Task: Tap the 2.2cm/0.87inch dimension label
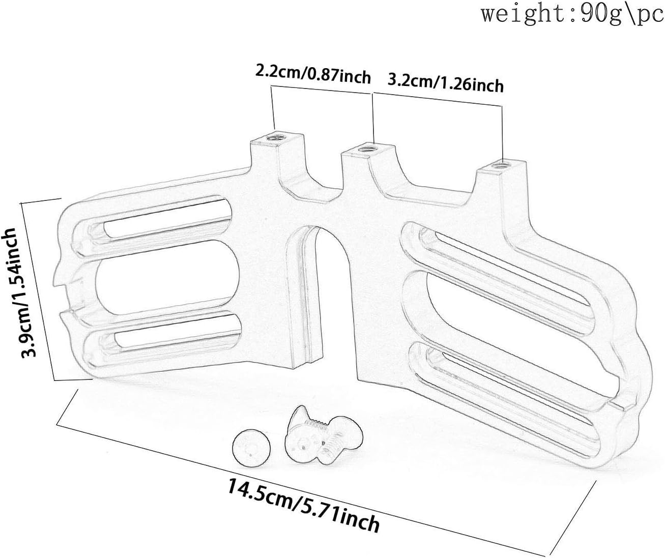point(312,75)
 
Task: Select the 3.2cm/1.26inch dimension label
point(446,82)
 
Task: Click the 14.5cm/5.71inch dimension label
point(303,506)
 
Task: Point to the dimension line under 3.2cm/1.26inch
point(438,99)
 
